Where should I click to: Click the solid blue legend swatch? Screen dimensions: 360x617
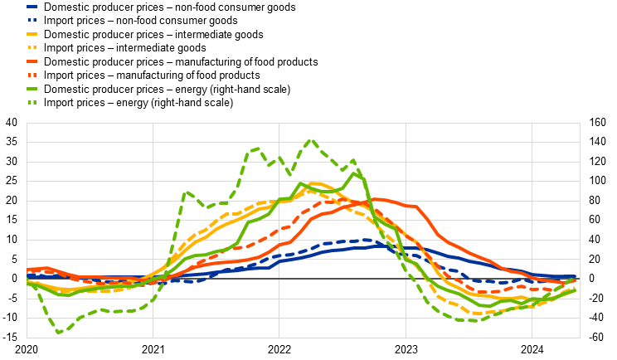32,6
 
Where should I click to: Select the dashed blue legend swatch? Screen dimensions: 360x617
32,20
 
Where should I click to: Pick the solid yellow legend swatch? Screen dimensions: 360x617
32,34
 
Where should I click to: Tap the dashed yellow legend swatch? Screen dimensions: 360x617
32,47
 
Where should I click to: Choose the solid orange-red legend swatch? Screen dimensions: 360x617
32,61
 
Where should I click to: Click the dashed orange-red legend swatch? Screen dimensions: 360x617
32,75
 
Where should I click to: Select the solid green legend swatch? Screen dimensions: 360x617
32,89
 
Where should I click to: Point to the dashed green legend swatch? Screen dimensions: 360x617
32,102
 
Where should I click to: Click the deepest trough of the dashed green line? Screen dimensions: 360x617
59,333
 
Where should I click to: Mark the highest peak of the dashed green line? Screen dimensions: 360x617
311,140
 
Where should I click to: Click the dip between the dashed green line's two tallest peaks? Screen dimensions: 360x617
289,174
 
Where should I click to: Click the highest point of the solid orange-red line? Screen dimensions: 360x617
377,199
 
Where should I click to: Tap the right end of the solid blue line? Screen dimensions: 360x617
576,276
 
